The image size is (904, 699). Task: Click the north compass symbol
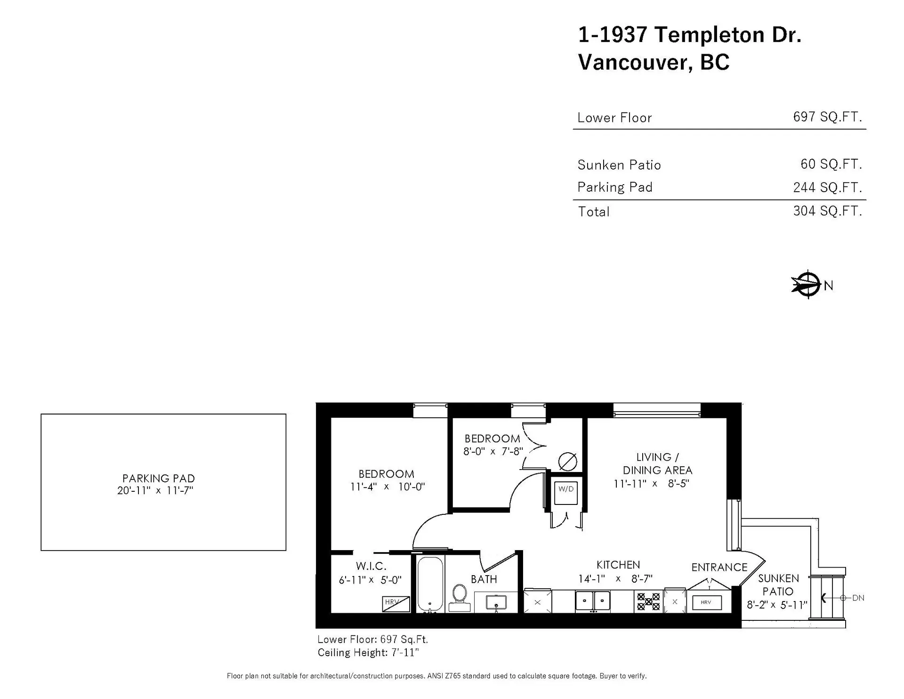click(x=808, y=284)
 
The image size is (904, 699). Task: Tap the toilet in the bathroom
click(x=459, y=594)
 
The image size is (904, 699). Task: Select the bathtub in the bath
click(x=430, y=585)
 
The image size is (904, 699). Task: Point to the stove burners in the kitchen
click(x=648, y=601)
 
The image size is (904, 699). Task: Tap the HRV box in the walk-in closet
click(x=395, y=603)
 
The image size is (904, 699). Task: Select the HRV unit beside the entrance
click(x=706, y=602)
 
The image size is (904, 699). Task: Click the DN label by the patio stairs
click(x=858, y=598)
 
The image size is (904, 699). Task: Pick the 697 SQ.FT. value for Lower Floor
click(x=827, y=117)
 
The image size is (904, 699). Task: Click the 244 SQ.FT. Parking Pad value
click(x=827, y=187)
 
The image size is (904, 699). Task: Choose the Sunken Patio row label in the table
click(x=619, y=165)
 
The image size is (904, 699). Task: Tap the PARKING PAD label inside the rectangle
click(x=159, y=478)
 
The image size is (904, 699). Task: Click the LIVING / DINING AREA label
click(x=657, y=463)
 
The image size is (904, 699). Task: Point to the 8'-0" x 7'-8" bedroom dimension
click(x=493, y=451)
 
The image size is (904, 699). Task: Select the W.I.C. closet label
click(x=371, y=566)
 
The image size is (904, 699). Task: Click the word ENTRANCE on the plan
click(x=719, y=567)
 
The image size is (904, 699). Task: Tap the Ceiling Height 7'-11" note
click(x=368, y=653)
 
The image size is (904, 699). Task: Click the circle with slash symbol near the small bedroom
click(x=567, y=461)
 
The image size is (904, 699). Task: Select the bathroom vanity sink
click(x=496, y=602)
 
